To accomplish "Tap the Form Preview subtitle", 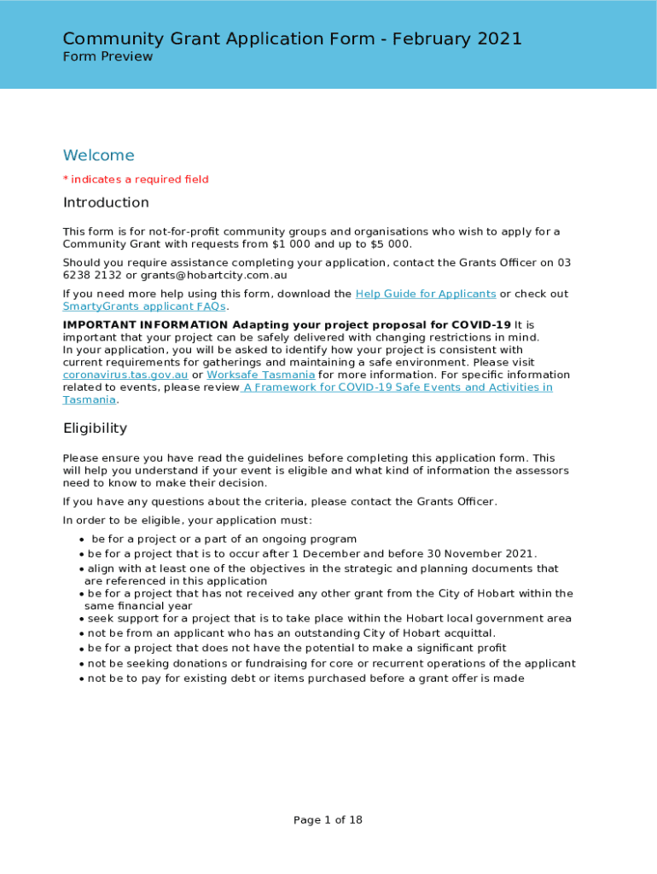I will [x=108, y=57].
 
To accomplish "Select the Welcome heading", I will [x=99, y=155].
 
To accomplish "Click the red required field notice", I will [x=136, y=179].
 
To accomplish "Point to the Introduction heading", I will [x=106, y=202].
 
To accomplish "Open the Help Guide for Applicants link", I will [x=425, y=294].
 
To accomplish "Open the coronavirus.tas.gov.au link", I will [x=125, y=375].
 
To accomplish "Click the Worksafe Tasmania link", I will [x=260, y=375].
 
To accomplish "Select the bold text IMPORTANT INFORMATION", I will [x=145, y=325].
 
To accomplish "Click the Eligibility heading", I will [x=95, y=428].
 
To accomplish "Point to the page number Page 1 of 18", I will [x=328, y=820].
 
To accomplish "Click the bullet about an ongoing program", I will [x=224, y=539].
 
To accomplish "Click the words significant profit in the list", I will [x=456, y=648].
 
